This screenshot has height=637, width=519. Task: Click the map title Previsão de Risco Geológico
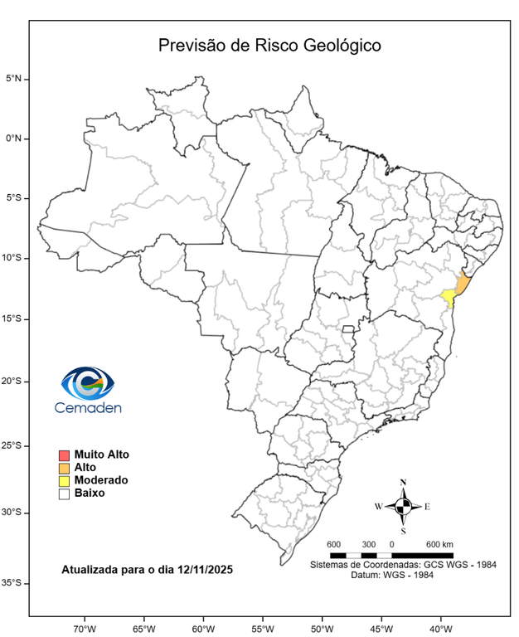point(270,45)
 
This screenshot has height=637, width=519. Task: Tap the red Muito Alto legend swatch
point(63,455)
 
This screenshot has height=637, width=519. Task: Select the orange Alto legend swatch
point(63,468)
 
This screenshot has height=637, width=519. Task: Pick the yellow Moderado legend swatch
point(63,480)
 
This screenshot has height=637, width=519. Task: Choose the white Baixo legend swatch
point(63,494)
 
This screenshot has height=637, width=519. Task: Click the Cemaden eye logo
point(87,383)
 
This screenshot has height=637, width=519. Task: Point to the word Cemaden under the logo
point(87,408)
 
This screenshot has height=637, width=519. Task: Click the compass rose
point(403,505)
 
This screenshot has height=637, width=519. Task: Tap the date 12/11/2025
point(202,570)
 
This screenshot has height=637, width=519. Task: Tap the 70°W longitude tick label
point(85,628)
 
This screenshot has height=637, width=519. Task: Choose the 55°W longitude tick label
point(263,628)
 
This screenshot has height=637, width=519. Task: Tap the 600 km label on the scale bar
point(439,544)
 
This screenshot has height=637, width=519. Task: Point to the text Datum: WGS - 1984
point(403,575)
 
